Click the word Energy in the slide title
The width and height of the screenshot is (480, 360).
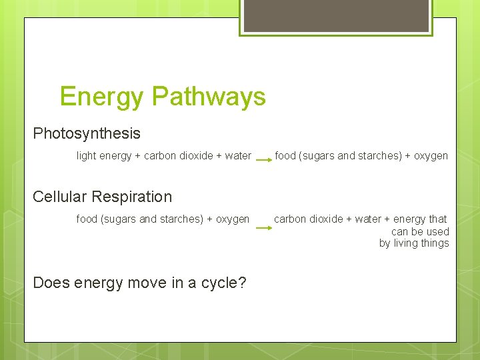pyautogui.click(x=101, y=97)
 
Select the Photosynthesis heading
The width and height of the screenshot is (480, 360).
pyautogui.click(x=87, y=133)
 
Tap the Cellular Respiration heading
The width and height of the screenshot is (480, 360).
pyautogui.click(x=102, y=197)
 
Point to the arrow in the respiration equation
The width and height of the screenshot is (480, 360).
pyautogui.click(x=264, y=228)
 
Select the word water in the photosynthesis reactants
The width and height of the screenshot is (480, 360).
pyautogui.click(x=238, y=156)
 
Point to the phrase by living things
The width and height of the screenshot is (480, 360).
pyautogui.click(x=414, y=243)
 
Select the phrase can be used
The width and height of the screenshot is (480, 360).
pyautogui.click(x=420, y=231)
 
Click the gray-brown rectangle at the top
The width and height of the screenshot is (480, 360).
pyautogui.click(x=336, y=15)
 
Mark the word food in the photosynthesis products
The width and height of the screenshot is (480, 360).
pyautogui.click(x=285, y=156)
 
